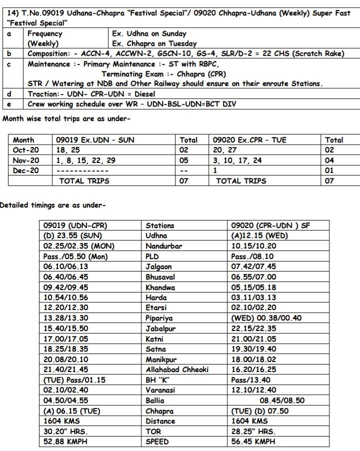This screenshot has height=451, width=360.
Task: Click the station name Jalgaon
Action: point(158,267)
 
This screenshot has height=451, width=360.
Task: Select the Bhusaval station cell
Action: point(160,277)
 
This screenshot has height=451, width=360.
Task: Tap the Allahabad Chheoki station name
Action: point(177,369)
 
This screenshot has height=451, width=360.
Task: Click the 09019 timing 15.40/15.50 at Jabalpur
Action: point(66,328)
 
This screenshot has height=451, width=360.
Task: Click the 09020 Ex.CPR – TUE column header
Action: point(249,140)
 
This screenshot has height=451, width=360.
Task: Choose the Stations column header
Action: point(160,226)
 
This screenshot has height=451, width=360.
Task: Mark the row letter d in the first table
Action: point(9,94)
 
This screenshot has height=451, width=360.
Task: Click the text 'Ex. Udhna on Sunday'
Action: point(149,34)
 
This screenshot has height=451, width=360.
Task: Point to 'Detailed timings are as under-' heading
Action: point(52,205)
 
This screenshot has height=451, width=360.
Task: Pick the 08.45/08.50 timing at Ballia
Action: point(281,400)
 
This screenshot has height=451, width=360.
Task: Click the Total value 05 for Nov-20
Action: point(184,160)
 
